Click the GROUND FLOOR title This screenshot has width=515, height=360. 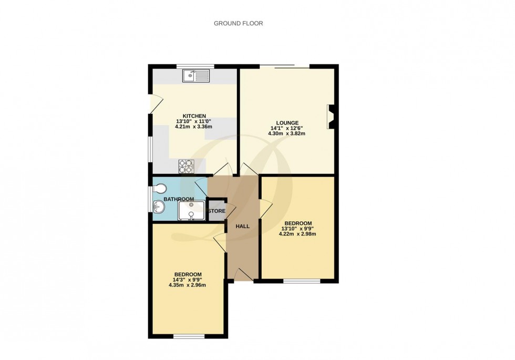[x=238, y=24]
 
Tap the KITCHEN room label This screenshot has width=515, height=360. [x=194, y=116]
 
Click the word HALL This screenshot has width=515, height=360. [x=242, y=226]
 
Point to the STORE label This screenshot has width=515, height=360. [x=217, y=211]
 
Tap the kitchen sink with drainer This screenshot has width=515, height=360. [x=196, y=77]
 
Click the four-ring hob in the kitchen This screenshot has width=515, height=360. [x=187, y=166]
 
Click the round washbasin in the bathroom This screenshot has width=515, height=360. [x=159, y=207]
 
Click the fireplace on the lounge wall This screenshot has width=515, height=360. [x=332, y=117]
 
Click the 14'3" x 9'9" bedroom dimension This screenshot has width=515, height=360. [x=188, y=280]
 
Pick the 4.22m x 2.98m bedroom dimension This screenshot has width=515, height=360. [x=297, y=234]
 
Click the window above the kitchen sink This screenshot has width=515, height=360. [x=195, y=66]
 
